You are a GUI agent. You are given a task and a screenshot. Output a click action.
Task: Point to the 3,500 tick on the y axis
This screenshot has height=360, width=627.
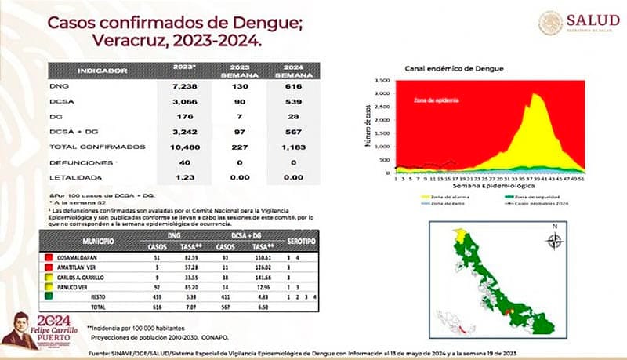tap(383, 81)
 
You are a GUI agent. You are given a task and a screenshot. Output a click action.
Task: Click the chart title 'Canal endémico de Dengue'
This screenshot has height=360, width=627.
tap(454, 69)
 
